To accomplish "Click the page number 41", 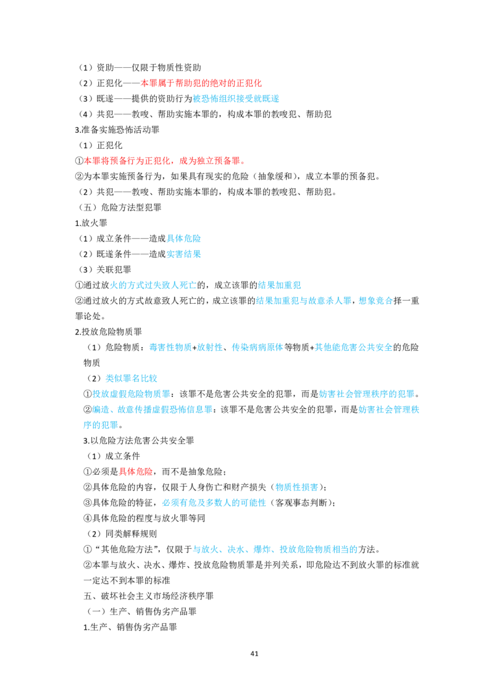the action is pos(254,653).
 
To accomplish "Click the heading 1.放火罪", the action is pos(91,223).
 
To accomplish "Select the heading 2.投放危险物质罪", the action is pos(108,332).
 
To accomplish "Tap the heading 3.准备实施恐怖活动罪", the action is pos(117,130).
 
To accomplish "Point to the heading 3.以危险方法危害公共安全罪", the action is pos(139,440).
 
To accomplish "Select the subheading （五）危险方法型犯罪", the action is pos(120,207).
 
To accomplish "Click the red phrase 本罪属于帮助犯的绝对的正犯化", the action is pos(201,83).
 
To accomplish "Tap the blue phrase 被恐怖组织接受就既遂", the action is pos(236,99).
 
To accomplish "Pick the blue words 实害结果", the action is pos(183,254).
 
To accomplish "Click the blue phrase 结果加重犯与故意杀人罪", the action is pos(304,301).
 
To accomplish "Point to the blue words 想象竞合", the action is pos(376,301).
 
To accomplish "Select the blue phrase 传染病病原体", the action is pos(257,347).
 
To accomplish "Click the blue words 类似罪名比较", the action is pos(131,379).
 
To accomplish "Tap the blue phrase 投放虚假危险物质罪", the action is pos(131,394).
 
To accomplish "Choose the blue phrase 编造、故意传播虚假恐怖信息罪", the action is pos(152,409).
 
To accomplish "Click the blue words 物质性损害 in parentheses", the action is pos(297,487).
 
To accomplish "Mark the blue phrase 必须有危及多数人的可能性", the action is pos(214,503).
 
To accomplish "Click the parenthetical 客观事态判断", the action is pos(301,503).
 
